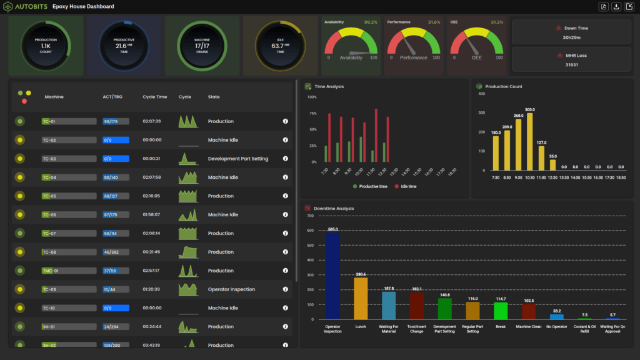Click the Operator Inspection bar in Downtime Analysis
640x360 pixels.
pyautogui.click(x=332, y=275)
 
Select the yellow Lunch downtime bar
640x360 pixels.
pyautogui.click(x=361, y=298)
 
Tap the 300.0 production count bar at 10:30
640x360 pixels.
pyautogui.click(x=530, y=141)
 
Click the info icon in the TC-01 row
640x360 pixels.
pyautogui.click(x=285, y=121)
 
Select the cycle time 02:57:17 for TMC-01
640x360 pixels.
pyautogui.click(x=152, y=271)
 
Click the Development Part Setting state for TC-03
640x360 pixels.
pyautogui.click(x=237, y=159)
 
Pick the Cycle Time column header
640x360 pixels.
pyautogui.click(x=154, y=97)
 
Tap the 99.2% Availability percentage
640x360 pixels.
pyautogui.click(x=371, y=22)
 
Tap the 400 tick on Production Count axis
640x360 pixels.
pyautogui.click(x=481, y=94)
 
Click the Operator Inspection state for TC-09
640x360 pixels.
pyautogui.click(x=231, y=289)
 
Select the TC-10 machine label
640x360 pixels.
pyautogui.click(x=49, y=308)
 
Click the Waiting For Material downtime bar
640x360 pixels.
pyautogui.click(x=389, y=305)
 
